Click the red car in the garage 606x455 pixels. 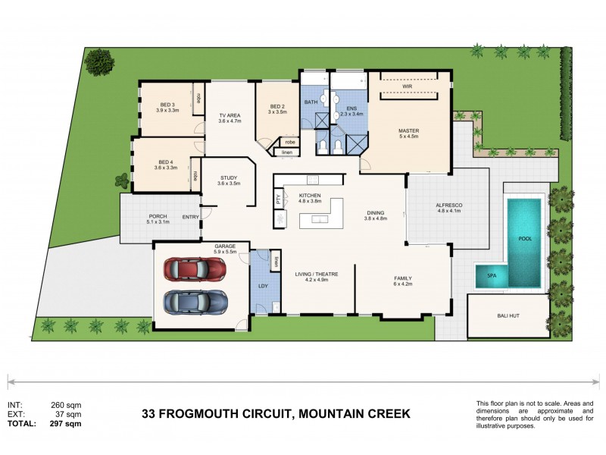pos(195,268)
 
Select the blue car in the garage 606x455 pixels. pos(195,301)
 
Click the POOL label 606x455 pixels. pos(525,238)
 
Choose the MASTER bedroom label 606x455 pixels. pos(408,130)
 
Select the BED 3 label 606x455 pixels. pos(167,105)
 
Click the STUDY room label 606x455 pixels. pos(228,177)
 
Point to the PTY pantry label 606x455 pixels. pos(278,200)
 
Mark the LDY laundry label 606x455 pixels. pos(263,286)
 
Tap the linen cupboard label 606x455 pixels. pos(286,152)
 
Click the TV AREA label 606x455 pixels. pos(229,115)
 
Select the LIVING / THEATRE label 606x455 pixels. pos(317,274)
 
